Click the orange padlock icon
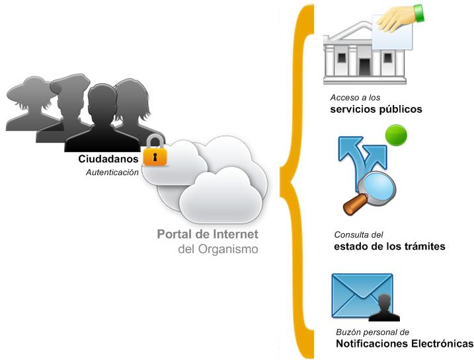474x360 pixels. click(155, 151)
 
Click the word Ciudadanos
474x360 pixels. click(108, 159)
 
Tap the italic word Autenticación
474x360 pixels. click(112, 172)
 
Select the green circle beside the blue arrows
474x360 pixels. click(396, 135)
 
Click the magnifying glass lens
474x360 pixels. click(377, 186)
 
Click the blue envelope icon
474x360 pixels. click(362, 296)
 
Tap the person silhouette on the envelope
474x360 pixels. click(384, 308)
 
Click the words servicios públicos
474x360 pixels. click(376, 109)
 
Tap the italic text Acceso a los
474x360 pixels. click(355, 98)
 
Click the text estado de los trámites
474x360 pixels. click(389, 246)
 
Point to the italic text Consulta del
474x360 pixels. click(358, 234)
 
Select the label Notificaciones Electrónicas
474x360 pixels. click(405, 343)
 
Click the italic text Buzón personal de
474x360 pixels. click(372, 332)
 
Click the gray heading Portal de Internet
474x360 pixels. click(208, 234)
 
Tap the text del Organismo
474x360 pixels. click(218, 250)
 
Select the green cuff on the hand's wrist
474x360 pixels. click(419, 13)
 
